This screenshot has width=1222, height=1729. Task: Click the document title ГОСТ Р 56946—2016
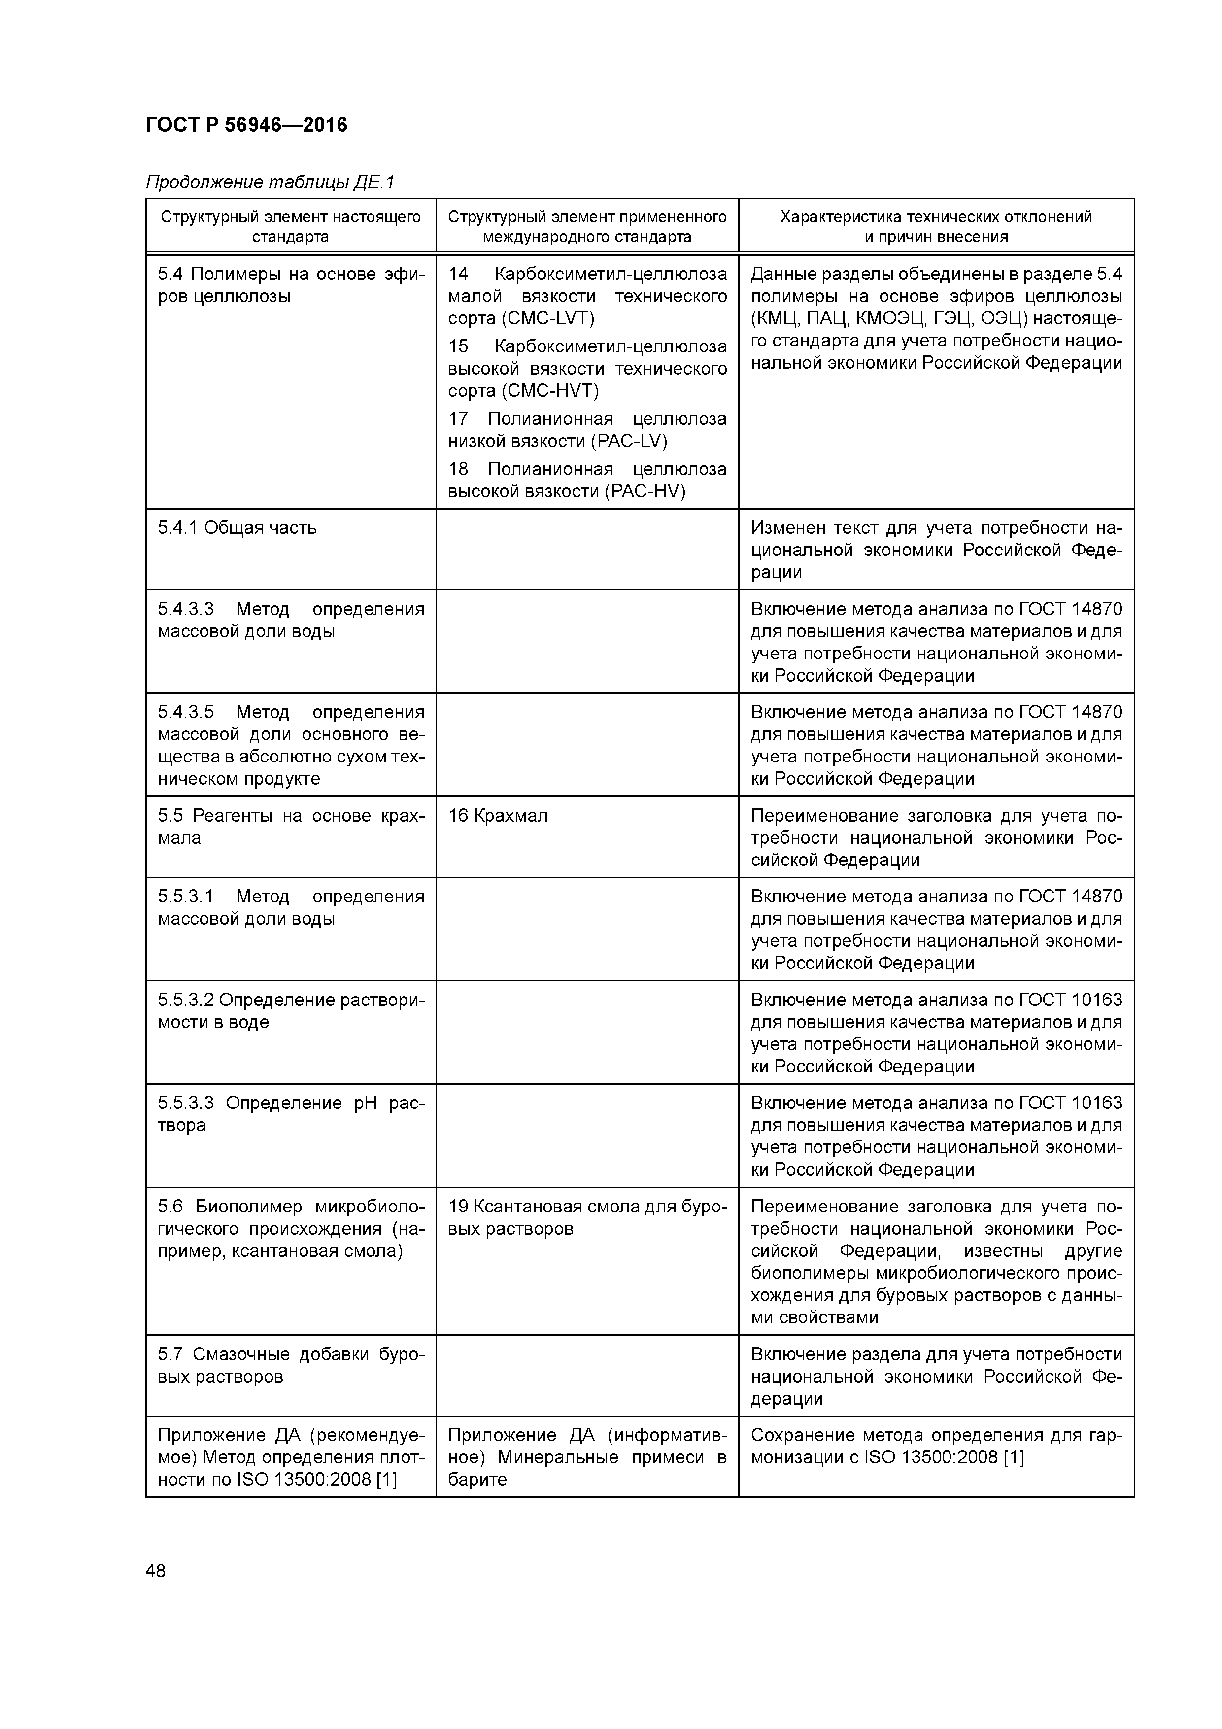click(x=246, y=125)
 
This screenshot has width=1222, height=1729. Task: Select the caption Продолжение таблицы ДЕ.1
click(x=270, y=182)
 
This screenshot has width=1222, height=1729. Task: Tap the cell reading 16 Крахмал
click(x=498, y=816)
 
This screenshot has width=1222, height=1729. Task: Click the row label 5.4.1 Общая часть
click(x=237, y=528)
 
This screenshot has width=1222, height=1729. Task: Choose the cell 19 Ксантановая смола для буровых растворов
click(x=587, y=1218)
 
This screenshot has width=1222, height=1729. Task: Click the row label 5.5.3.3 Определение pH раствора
click(x=291, y=1114)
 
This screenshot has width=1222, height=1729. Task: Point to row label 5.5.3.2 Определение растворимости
click(x=291, y=1010)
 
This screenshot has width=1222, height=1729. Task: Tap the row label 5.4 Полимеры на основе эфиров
click(x=291, y=285)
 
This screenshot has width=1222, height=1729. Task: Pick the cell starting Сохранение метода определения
click(x=936, y=1446)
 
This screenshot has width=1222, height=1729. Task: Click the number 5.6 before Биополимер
click(x=170, y=1207)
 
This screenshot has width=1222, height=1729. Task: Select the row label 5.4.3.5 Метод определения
click(x=291, y=745)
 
